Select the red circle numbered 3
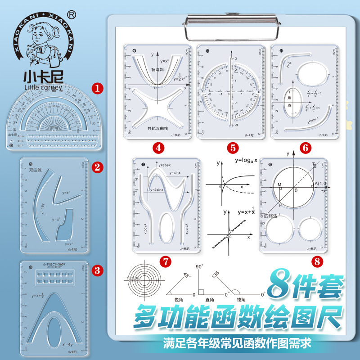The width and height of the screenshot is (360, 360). [x=96, y=270]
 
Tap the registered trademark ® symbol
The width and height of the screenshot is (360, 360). [x=72, y=15]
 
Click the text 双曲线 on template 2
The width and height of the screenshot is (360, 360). [x=35, y=171]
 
